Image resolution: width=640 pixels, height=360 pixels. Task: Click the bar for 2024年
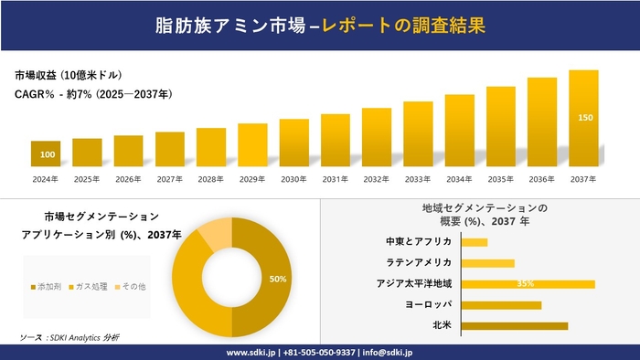point(46,154)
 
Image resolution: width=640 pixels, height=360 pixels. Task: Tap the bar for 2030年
point(293,143)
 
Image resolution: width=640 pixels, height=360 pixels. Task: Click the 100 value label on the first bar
point(47,154)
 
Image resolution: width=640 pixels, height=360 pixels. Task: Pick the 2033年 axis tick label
point(418,178)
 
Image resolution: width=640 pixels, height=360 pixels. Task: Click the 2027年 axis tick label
point(170,178)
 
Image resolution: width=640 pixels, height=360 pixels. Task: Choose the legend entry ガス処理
point(95,287)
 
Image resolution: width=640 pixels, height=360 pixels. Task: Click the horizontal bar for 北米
point(515,325)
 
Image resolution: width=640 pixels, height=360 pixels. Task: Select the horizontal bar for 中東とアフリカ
point(475,242)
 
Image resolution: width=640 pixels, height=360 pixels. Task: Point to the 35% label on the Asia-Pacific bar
point(525,284)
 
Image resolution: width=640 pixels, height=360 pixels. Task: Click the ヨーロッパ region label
point(425,304)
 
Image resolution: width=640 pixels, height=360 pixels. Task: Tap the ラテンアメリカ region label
point(420,263)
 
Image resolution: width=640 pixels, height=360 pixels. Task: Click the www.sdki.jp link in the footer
point(253,352)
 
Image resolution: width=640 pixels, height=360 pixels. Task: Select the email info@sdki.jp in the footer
point(388,352)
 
